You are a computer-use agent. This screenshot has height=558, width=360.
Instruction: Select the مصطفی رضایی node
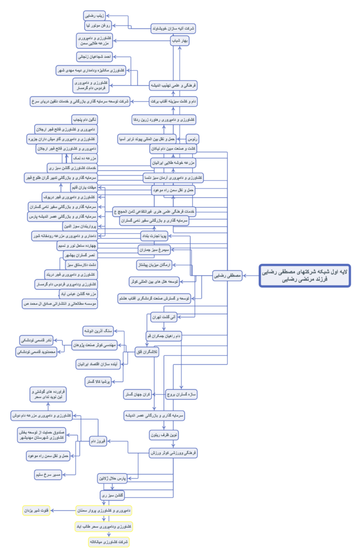pos(228,276)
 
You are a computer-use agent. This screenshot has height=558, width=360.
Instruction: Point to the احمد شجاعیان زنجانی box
pos(94,56)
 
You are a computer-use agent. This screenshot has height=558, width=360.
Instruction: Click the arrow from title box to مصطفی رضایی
pos(251,276)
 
